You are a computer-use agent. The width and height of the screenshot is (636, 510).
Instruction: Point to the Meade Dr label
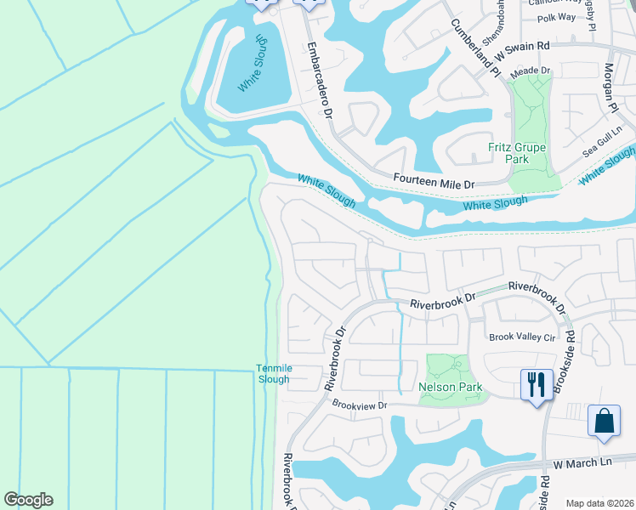click(x=531, y=71)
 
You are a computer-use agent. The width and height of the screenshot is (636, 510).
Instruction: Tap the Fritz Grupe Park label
click(x=520, y=153)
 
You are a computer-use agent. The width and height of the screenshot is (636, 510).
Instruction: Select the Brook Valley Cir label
click(x=521, y=337)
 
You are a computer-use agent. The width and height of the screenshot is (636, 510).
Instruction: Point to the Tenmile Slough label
click(x=273, y=374)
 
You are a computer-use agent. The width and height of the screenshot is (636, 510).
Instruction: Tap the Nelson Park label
click(x=451, y=388)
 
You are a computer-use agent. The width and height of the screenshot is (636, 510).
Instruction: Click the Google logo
click(x=28, y=500)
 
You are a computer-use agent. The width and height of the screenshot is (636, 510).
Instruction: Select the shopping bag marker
click(x=604, y=421)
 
